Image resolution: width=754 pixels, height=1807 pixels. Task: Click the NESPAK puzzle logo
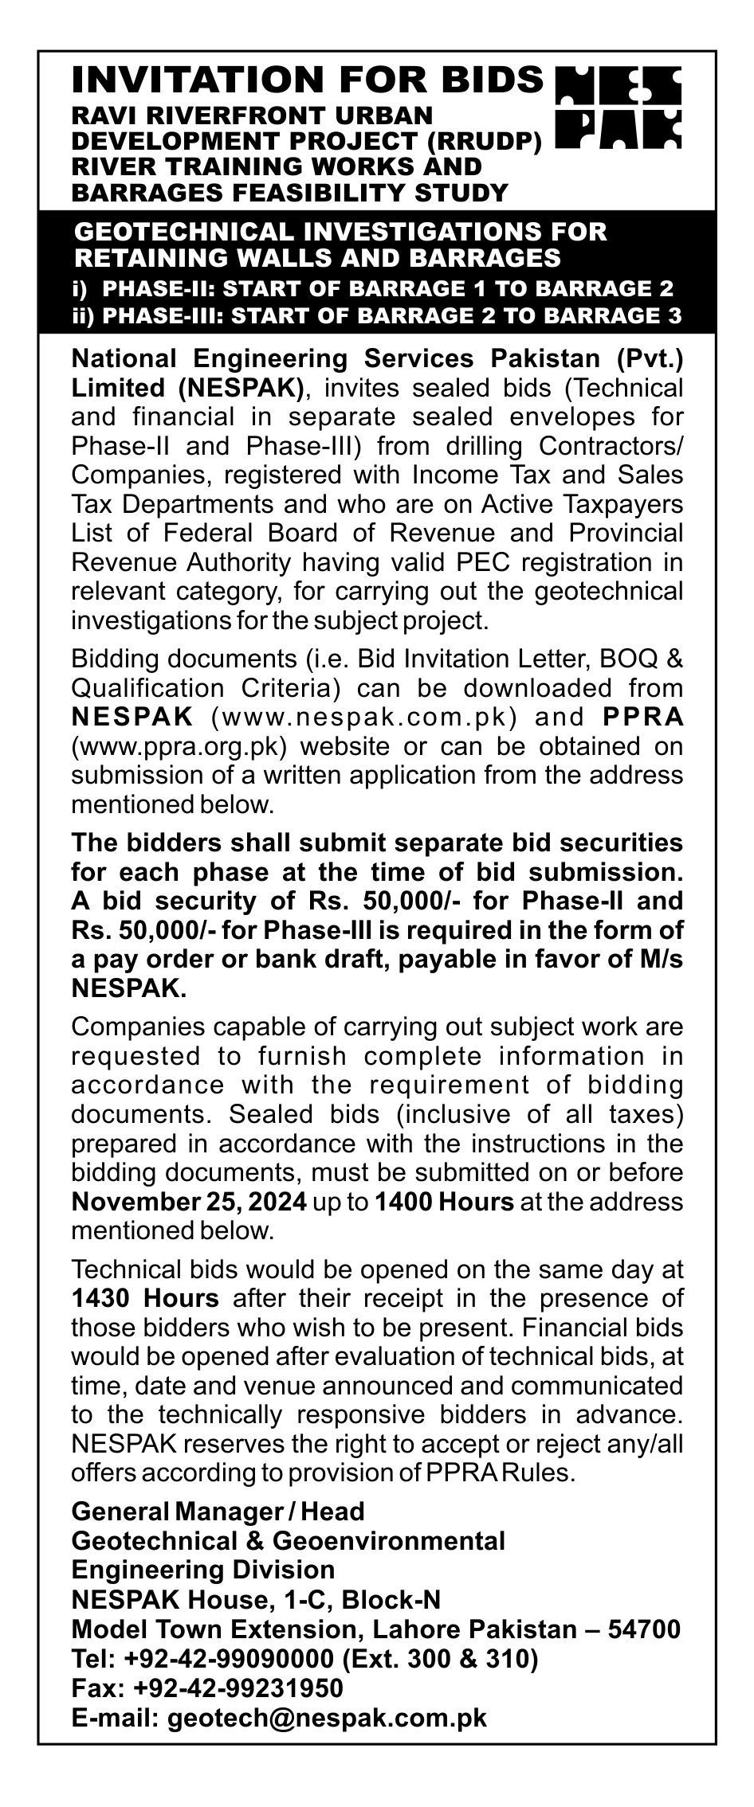(x=618, y=108)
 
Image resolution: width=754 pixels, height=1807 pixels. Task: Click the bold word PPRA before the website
(x=643, y=717)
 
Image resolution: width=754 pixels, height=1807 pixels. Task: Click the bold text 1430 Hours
(x=145, y=1299)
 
